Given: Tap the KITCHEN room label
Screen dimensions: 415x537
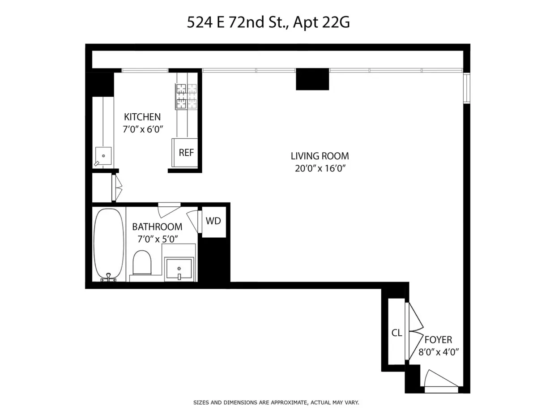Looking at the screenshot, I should (x=142, y=117).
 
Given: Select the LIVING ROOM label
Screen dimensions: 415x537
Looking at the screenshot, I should (x=320, y=156).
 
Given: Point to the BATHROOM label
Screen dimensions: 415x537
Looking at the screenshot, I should (x=157, y=227).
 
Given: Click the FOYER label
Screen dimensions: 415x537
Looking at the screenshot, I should (x=438, y=340).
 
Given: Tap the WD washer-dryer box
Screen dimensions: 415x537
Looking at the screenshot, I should (x=213, y=221).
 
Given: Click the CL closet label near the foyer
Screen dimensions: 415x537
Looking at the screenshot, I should (x=396, y=333).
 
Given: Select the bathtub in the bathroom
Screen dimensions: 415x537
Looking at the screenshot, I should (x=108, y=244).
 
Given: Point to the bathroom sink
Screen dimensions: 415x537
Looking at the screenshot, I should (x=179, y=269).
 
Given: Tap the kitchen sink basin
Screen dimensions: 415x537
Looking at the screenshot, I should (x=103, y=155).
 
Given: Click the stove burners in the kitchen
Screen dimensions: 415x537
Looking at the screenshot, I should (x=187, y=96).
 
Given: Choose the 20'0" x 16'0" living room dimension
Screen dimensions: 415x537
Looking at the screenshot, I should (x=320, y=169).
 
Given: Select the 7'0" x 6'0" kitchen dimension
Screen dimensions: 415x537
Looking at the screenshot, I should (x=142, y=130).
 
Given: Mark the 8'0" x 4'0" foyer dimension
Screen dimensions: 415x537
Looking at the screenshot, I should (x=438, y=352).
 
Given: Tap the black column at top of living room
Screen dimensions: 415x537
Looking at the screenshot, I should (x=312, y=79).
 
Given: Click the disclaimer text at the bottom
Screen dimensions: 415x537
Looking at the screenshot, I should (x=276, y=402).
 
